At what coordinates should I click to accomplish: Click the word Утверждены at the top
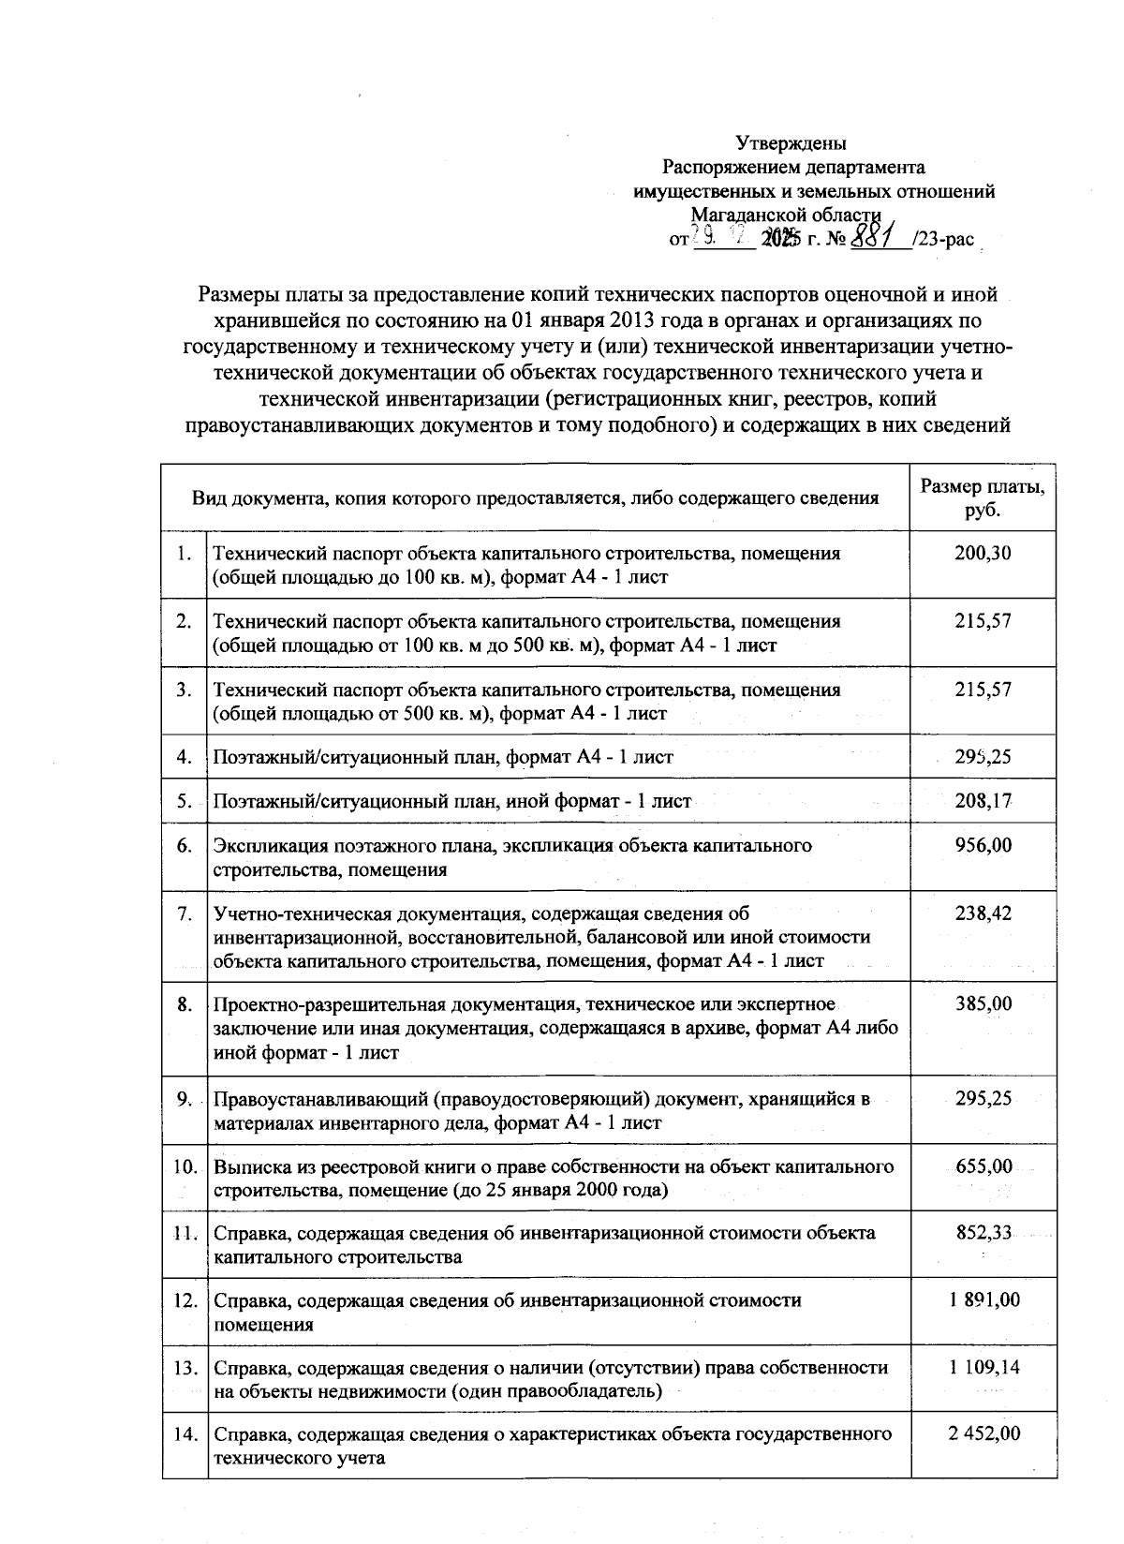[791, 143]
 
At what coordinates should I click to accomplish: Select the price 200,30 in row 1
[983, 553]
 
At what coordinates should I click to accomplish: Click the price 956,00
[983, 845]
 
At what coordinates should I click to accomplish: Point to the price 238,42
[983, 913]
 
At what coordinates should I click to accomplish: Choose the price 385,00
[983, 1003]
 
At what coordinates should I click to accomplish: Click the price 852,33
[983, 1232]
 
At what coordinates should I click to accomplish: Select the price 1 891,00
[983, 1299]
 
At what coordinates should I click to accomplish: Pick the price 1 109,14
[983, 1367]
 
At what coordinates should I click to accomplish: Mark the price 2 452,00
[983, 1433]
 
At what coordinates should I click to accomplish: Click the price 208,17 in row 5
[983, 801]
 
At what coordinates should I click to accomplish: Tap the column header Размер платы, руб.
[983, 498]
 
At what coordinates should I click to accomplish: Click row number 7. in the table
[185, 913]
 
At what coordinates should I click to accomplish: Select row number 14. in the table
[185, 1434]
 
